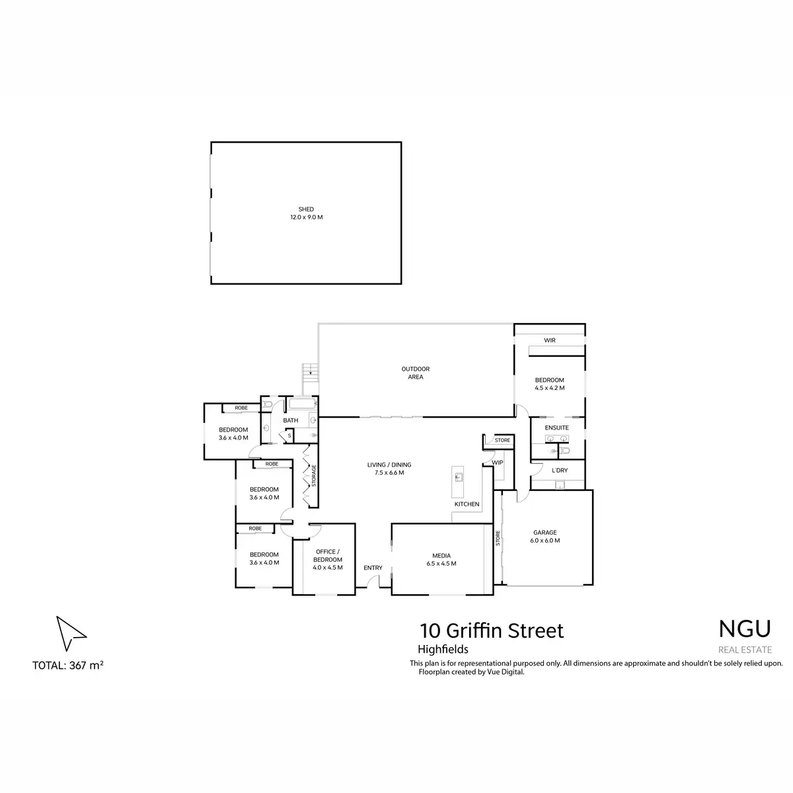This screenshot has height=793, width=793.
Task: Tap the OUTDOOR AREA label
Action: [x=415, y=369]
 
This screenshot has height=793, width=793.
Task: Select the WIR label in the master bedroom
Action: [x=549, y=340]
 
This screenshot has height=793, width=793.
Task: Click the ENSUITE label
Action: [x=556, y=428]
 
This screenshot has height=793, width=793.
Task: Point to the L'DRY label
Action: [x=559, y=471]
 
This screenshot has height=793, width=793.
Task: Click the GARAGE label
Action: [x=545, y=533]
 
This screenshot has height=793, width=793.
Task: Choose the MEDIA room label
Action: [x=441, y=556]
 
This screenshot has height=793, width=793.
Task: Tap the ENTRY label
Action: [x=373, y=568]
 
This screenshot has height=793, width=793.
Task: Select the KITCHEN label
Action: [x=467, y=504]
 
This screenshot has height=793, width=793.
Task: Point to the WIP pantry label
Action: [x=498, y=463]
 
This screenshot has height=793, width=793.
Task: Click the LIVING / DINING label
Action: [x=389, y=465]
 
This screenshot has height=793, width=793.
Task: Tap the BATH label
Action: [x=291, y=420]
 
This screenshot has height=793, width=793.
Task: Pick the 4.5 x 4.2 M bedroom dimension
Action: [x=550, y=388]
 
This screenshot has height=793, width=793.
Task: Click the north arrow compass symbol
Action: [x=69, y=632]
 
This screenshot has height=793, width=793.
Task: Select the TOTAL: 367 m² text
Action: [x=67, y=665]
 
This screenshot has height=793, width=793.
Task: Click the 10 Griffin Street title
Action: [x=492, y=630]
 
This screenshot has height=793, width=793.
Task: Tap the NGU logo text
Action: [x=744, y=629]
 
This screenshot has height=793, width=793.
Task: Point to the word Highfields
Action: [x=443, y=650]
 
